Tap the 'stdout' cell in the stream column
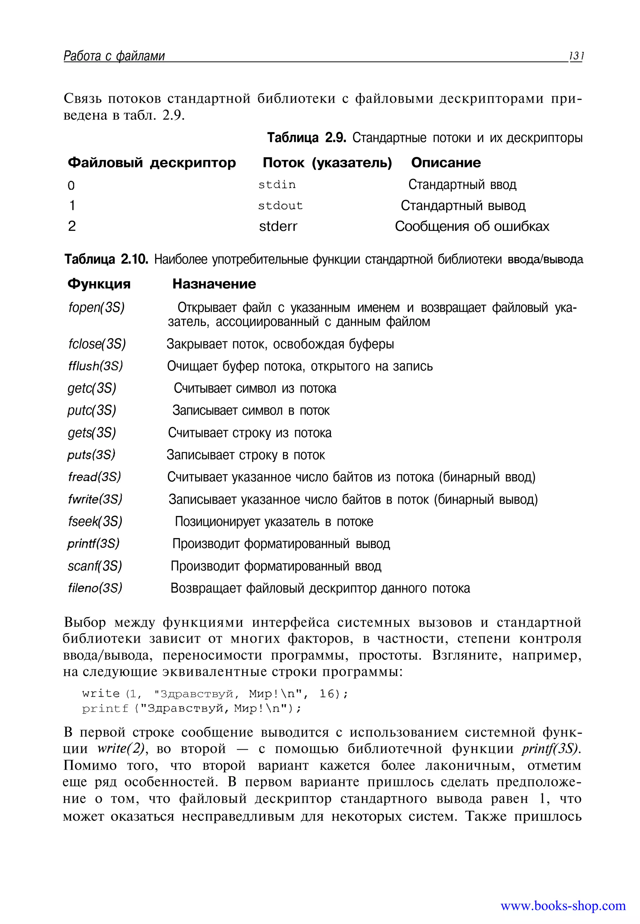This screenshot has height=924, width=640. click(x=280, y=206)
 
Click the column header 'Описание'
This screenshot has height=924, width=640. click(x=446, y=163)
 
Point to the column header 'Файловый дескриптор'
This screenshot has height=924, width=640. click(x=152, y=163)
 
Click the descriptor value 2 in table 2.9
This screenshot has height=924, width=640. click(x=72, y=226)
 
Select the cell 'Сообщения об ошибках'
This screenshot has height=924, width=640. click(x=472, y=226)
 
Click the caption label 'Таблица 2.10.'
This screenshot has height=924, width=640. click(x=107, y=259)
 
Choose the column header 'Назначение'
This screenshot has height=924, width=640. click(x=214, y=284)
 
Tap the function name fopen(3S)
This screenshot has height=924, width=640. click(x=97, y=308)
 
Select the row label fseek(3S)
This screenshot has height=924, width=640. click(x=95, y=521)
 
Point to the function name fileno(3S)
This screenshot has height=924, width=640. click(x=95, y=588)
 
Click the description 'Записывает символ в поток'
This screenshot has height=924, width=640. click(x=251, y=410)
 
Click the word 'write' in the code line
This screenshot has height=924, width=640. click(x=101, y=693)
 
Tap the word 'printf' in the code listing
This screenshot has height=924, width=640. click(x=105, y=709)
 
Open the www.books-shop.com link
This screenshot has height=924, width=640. click(x=563, y=905)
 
